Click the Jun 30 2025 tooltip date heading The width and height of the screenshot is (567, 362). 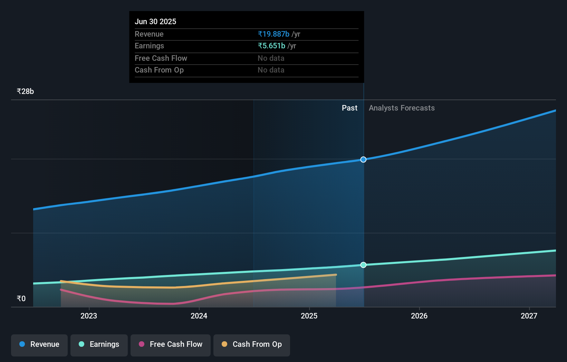[155, 21]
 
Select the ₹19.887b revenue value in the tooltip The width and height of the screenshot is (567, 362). [273, 34]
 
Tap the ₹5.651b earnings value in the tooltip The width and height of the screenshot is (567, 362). [271, 46]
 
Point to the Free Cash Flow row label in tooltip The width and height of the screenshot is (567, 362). [161, 58]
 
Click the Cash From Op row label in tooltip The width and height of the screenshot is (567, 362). [159, 70]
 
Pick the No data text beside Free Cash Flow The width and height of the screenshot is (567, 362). [271, 58]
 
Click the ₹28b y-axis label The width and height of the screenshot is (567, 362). [25, 91]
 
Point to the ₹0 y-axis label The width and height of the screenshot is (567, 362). [21, 298]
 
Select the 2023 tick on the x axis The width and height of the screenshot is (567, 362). [89, 316]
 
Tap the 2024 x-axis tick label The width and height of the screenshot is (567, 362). [199, 316]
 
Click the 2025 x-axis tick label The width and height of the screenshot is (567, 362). [309, 316]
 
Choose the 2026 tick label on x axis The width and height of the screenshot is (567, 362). [419, 316]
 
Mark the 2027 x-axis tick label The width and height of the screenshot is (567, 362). [529, 316]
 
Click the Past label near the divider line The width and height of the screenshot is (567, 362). [349, 108]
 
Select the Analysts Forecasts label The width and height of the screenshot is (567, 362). [402, 108]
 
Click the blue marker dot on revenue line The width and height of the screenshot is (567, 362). [363, 159]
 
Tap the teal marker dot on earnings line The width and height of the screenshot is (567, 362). [363, 265]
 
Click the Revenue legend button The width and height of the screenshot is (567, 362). [39, 344]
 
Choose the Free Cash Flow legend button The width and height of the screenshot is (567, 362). [171, 344]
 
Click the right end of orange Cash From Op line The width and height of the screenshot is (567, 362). [336, 275]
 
